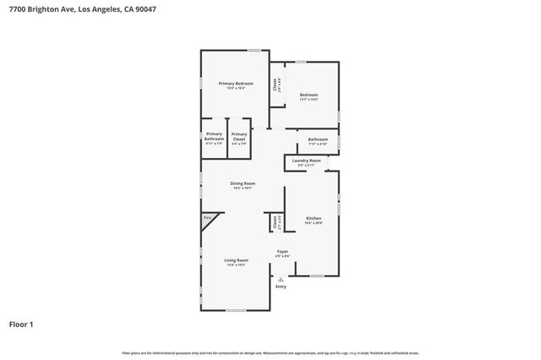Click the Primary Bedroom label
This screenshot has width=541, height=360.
tap(236, 84)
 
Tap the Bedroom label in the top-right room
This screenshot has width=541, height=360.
tap(309, 95)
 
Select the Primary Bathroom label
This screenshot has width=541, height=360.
tap(214, 136)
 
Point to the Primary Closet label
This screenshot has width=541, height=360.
tap(239, 136)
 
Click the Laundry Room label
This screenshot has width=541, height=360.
tap(306, 161)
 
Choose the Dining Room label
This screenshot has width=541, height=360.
tap(243, 183)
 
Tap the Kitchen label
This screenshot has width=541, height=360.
tap(314, 218)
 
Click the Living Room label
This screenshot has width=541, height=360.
tap(236, 260)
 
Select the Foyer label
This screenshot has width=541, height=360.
tap(282, 252)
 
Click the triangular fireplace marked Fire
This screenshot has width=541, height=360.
tap(207, 221)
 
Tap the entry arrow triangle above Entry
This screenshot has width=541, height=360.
tap(281, 278)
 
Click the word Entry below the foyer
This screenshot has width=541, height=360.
tap(281, 286)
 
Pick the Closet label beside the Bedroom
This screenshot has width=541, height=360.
tap(276, 84)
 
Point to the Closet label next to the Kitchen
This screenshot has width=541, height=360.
tap(276, 221)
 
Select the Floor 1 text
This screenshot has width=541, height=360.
tap(22, 324)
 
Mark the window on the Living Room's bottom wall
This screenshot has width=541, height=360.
tap(235, 310)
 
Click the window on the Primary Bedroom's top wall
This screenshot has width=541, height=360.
tap(254, 51)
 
